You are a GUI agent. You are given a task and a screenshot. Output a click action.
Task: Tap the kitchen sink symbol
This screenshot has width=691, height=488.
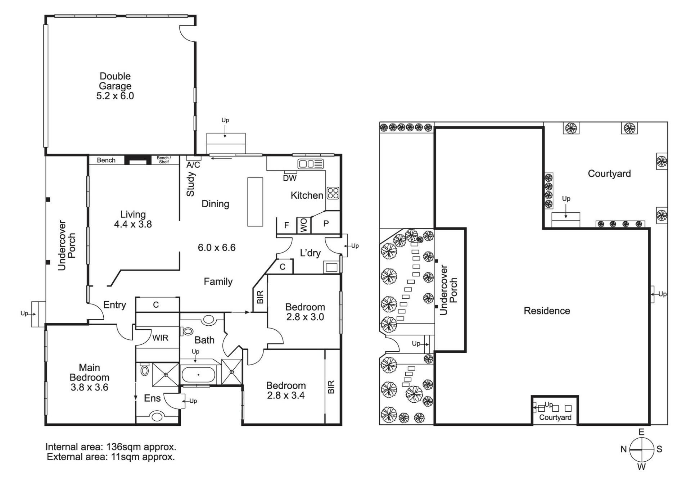(x=311, y=164)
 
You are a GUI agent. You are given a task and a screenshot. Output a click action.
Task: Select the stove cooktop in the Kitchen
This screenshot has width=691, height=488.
(x=333, y=193)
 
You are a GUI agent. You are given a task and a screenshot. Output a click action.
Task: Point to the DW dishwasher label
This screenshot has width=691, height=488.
(x=290, y=178)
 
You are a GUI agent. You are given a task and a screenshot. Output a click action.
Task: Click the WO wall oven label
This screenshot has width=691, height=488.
(x=304, y=226)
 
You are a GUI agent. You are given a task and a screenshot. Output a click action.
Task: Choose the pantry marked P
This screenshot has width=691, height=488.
(x=326, y=223)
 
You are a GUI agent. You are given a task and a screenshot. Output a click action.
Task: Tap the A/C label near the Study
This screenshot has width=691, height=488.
(x=193, y=165)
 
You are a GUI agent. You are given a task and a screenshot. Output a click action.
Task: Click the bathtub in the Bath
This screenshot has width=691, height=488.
(x=198, y=375)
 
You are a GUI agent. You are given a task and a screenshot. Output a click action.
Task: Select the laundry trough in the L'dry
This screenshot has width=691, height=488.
(x=331, y=267)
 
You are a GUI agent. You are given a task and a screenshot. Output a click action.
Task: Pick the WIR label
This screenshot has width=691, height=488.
(x=160, y=338)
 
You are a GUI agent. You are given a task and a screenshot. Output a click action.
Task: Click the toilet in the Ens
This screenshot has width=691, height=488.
(x=145, y=369)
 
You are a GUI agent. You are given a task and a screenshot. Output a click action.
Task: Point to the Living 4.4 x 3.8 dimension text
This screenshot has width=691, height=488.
(x=133, y=224)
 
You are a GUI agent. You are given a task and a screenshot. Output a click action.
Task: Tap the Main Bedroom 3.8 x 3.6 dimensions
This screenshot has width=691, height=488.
(x=89, y=388)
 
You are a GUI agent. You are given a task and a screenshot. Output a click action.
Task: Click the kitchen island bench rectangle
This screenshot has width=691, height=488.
(x=255, y=202)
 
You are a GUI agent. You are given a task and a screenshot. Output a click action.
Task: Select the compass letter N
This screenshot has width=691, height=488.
(x=624, y=449)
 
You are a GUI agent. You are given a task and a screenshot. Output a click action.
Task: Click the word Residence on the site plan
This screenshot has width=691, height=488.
(x=547, y=311)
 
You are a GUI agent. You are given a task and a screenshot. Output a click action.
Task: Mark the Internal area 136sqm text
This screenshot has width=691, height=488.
(x=111, y=447)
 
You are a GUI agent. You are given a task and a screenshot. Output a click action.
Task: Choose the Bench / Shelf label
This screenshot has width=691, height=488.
(x=164, y=160)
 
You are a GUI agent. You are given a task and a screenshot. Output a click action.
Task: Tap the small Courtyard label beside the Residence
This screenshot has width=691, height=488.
(x=555, y=417)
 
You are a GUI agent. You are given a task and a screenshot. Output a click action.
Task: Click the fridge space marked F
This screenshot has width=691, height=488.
(x=286, y=226)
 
